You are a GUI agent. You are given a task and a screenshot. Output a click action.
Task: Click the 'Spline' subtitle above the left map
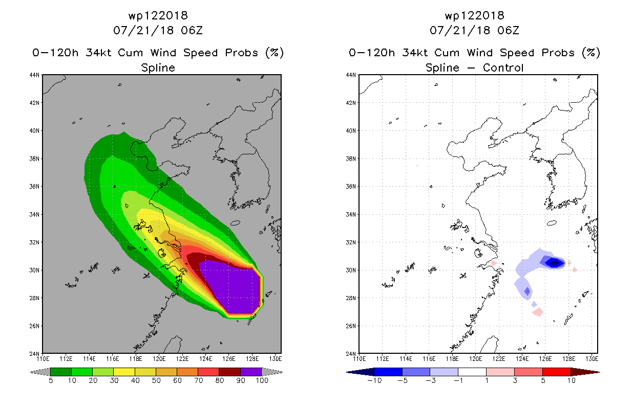point(158,68)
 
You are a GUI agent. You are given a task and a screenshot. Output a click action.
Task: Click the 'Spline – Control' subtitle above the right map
point(474,68)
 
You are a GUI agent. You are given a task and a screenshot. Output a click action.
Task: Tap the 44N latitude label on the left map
point(34,75)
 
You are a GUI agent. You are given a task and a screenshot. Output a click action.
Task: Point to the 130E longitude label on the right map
point(592,359)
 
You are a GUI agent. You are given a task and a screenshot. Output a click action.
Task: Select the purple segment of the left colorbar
point(251,372)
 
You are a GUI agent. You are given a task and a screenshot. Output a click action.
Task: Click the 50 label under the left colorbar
point(156,380)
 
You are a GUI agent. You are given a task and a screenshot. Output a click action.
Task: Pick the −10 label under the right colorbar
point(374,380)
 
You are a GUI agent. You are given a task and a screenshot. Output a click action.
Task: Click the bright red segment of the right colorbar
point(557,372)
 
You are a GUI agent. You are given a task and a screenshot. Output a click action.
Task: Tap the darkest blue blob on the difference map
point(555,263)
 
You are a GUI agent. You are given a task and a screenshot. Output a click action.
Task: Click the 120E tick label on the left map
point(159,359)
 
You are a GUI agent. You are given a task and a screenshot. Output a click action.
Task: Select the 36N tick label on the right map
point(351,187)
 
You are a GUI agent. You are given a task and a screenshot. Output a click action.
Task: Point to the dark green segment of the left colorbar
point(61,372)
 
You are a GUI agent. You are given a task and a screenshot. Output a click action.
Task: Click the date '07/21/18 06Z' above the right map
point(474,31)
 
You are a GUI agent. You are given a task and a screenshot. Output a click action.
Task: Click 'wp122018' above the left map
point(158,15)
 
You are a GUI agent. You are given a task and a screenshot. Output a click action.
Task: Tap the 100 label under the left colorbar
point(262,380)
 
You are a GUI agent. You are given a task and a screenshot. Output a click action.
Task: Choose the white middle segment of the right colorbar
point(472,372)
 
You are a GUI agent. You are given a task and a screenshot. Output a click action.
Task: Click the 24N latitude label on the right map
point(351,354)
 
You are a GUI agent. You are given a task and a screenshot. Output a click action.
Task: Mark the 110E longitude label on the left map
point(43,359)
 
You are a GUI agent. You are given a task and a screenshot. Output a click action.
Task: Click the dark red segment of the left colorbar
point(230,372)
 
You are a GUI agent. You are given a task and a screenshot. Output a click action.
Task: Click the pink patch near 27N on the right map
point(537,312)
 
